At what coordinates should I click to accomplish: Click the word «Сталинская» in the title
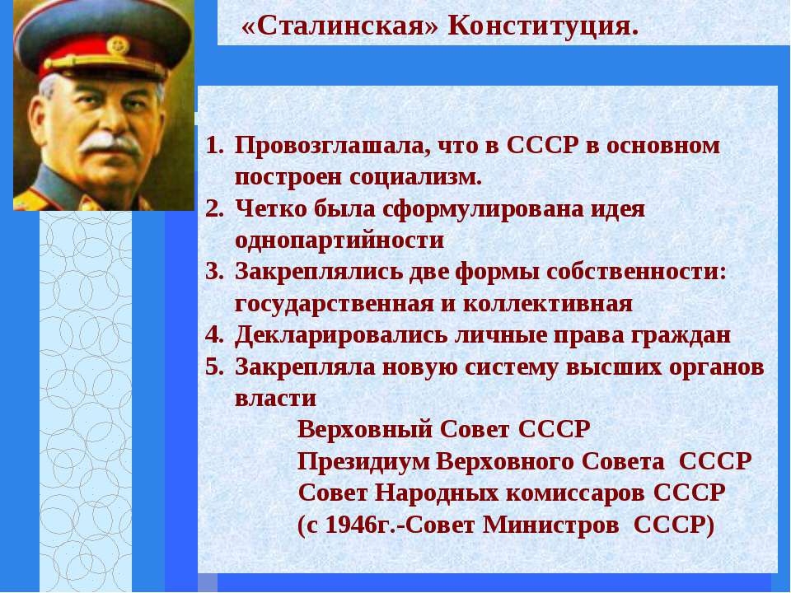click(340, 26)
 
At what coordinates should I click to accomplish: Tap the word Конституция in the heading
click(543, 26)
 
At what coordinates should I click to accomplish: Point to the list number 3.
click(214, 273)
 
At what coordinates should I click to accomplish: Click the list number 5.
click(214, 367)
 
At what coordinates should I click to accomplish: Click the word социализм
click(415, 178)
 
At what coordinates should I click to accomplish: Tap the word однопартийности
click(339, 241)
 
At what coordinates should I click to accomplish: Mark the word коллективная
click(547, 305)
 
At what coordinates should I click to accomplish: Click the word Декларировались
click(341, 336)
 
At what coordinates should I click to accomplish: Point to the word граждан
click(683, 336)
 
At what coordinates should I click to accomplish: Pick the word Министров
click(551, 525)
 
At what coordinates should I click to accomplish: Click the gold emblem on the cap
click(118, 45)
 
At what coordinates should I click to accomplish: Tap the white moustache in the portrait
click(111, 142)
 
